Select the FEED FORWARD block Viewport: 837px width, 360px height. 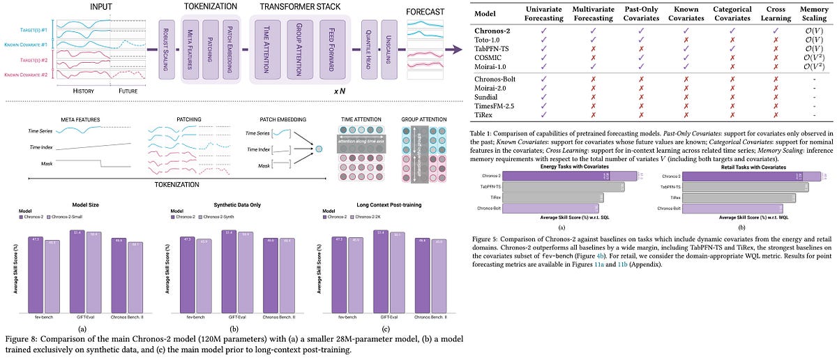point(332,48)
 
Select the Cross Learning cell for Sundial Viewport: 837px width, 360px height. point(771,93)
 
